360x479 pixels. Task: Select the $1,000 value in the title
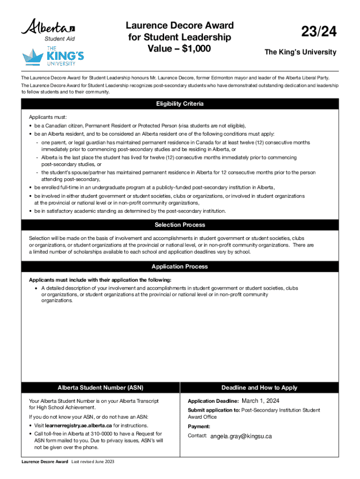point(197,48)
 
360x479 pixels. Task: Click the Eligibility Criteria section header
point(180,104)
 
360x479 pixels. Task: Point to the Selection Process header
point(180,225)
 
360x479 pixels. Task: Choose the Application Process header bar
point(180,267)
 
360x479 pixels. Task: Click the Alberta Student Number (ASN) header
point(101,388)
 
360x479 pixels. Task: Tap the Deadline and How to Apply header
point(259,388)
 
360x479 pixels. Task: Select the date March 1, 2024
point(260,401)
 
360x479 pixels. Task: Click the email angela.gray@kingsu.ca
point(241,436)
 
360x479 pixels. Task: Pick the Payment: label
point(199,427)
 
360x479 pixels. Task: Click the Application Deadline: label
point(213,401)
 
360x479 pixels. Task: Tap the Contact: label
point(197,436)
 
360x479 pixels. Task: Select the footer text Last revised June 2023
point(93,462)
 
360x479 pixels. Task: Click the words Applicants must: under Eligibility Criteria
point(48,117)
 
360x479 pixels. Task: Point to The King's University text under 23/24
point(300,52)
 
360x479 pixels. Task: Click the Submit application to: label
point(214,410)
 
